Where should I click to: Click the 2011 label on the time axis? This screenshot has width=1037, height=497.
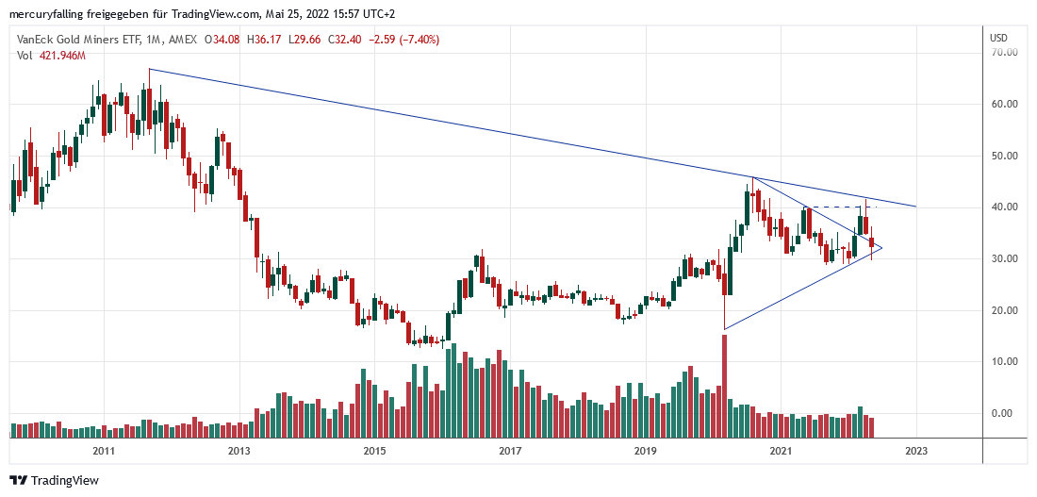coord(104,452)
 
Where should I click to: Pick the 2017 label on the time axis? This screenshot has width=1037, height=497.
coord(510,452)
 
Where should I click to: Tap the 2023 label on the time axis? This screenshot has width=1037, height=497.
coord(916,452)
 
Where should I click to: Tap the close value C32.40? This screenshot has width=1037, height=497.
coord(340,40)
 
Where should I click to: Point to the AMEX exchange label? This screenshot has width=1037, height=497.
coord(184,40)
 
